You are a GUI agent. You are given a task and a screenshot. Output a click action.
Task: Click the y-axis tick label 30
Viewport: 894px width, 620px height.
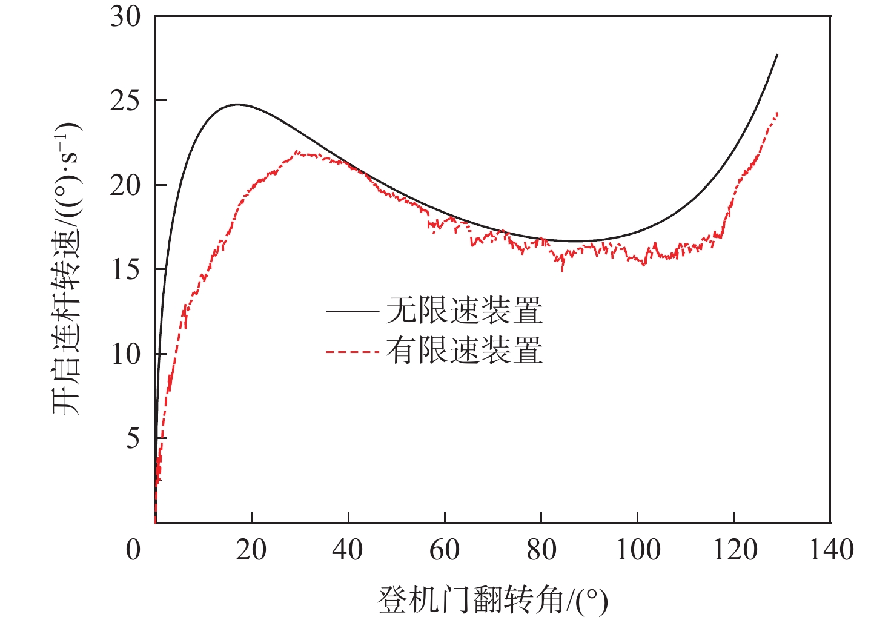[125, 17]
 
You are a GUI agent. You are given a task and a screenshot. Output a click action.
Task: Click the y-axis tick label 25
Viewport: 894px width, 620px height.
[125, 101]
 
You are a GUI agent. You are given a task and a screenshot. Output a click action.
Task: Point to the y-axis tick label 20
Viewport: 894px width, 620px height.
[125, 185]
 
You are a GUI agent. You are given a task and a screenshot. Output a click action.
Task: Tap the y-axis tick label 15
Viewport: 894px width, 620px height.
[125, 269]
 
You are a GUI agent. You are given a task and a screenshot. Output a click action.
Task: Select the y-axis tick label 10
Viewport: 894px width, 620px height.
[125, 354]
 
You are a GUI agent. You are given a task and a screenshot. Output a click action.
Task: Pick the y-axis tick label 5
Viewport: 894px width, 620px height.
[133, 438]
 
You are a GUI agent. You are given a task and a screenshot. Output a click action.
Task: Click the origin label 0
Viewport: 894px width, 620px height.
[133, 550]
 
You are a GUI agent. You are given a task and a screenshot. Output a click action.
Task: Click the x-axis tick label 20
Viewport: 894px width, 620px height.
[251, 550]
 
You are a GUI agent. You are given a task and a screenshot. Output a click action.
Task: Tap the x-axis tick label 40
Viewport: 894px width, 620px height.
[348, 550]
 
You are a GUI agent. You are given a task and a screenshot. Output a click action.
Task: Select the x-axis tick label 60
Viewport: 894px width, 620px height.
[445, 550]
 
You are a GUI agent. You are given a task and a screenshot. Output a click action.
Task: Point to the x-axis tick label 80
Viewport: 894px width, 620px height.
[541, 550]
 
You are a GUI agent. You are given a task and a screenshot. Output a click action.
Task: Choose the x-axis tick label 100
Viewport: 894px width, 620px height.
[638, 550]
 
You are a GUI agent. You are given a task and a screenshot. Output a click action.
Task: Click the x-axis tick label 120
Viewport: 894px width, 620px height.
[734, 550]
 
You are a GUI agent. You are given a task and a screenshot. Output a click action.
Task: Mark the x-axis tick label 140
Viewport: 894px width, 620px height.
[831, 550]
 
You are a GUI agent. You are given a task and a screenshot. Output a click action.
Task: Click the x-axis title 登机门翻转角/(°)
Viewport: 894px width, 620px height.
[492, 599]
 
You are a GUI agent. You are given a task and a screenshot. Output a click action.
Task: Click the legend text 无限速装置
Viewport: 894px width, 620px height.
[464, 311]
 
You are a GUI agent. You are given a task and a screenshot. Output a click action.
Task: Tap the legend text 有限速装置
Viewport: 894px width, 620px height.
[464, 351]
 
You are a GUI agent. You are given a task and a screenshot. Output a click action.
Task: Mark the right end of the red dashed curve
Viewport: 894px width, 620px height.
[777, 113]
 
